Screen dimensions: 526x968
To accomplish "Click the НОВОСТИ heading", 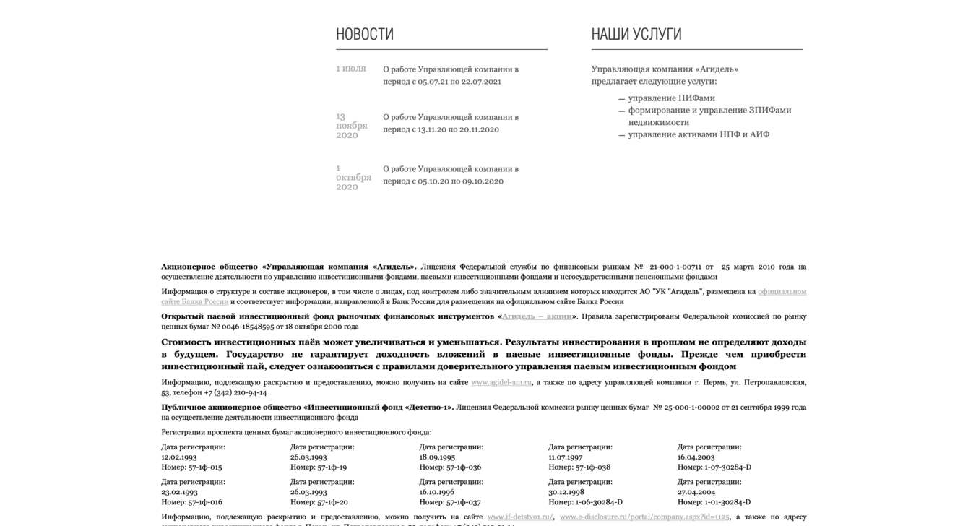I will pyautogui.click(x=365, y=34).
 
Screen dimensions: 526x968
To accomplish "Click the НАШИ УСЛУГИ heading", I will pyautogui.click(x=636, y=34).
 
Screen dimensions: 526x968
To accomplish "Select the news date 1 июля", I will pyautogui.click(x=351, y=69).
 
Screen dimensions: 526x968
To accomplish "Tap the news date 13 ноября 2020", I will pyautogui.click(x=352, y=126).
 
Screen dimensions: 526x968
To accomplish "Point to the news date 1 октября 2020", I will pyautogui.click(x=353, y=178).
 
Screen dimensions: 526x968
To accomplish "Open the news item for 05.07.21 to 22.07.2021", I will pyautogui.click(x=451, y=75).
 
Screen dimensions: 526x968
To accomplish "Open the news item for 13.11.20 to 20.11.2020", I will pyautogui.click(x=451, y=123).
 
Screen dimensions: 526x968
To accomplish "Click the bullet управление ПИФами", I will pyautogui.click(x=671, y=98).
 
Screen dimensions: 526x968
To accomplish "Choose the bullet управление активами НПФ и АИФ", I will pyautogui.click(x=699, y=134).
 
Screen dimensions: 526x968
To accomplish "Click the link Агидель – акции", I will pyautogui.click(x=537, y=316).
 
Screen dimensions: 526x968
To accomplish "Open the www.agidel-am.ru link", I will pyautogui.click(x=501, y=382).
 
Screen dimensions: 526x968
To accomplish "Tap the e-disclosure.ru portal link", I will pyautogui.click(x=644, y=517).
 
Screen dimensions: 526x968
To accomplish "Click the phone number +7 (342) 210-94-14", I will pyautogui.click(x=235, y=392).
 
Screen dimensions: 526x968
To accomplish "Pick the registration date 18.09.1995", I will pyautogui.click(x=437, y=457).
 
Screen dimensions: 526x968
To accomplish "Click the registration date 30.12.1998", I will pyautogui.click(x=566, y=492).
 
